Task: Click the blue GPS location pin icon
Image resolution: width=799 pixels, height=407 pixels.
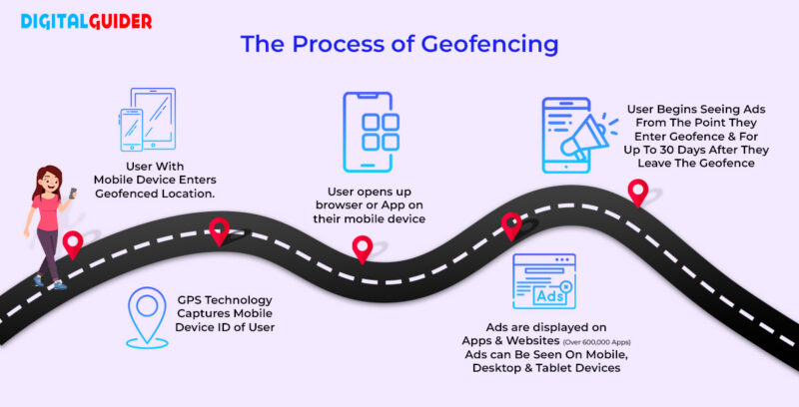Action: click(x=148, y=316)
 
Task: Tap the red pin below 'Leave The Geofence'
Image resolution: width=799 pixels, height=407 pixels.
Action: click(x=636, y=191)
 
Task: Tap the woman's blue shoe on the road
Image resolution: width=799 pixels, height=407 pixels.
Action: click(x=60, y=285)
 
